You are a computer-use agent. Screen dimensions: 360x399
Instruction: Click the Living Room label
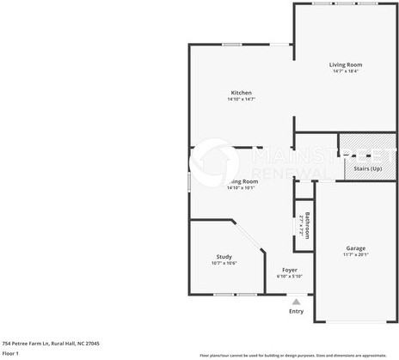click(346, 64)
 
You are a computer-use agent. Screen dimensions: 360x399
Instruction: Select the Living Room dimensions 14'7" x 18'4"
click(346, 70)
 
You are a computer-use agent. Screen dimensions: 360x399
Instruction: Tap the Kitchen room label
click(241, 93)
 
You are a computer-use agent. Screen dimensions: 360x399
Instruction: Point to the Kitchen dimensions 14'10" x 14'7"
click(241, 99)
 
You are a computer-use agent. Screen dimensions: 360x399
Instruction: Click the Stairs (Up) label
click(368, 168)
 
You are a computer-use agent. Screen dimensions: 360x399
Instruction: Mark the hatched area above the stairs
click(367, 145)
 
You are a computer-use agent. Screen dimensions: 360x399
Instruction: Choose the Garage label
click(355, 248)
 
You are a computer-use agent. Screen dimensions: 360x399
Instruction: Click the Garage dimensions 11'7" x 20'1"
click(355, 254)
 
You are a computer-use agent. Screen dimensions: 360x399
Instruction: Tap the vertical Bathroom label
click(304, 225)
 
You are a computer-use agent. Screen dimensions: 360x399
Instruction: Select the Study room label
click(224, 256)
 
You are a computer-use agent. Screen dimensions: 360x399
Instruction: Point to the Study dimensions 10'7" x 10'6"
click(224, 262)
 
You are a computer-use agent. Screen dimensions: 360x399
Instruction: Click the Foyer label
click(290, 270)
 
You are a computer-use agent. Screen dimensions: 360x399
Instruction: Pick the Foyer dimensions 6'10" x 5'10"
click(290, 276)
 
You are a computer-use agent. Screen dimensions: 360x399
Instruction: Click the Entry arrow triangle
click(297, 302)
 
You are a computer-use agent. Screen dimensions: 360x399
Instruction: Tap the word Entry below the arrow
click(297, 311)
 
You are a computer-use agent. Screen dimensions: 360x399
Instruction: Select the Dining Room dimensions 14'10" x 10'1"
click(242, 187)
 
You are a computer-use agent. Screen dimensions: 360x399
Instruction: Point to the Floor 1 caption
click(10, 353)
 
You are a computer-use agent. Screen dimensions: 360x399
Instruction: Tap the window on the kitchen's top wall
click(231, 45)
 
